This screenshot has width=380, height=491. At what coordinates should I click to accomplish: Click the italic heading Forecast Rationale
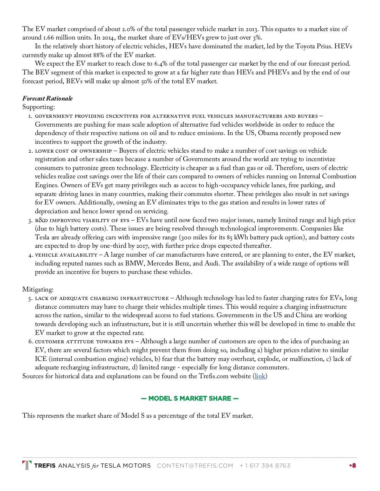point(47,99)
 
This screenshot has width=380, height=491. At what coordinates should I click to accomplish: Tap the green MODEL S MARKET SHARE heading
point(190,398)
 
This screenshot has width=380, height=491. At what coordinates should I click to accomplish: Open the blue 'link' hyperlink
point(260,376)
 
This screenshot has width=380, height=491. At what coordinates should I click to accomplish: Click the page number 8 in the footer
point(354,466)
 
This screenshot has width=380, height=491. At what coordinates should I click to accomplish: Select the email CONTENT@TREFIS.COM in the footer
point(195,466)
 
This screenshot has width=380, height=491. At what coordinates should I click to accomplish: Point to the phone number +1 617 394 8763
point(265,466)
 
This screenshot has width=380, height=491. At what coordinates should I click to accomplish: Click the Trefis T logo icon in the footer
point(27,465)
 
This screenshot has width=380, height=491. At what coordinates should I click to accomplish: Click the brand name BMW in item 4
point(134,264)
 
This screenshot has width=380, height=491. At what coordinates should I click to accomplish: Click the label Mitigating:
point(38,290)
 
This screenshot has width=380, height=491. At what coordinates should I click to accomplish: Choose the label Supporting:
point(38,107)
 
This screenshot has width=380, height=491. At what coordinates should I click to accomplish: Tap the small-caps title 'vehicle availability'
point(66,255)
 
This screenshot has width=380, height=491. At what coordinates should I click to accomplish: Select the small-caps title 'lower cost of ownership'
point(73,151)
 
